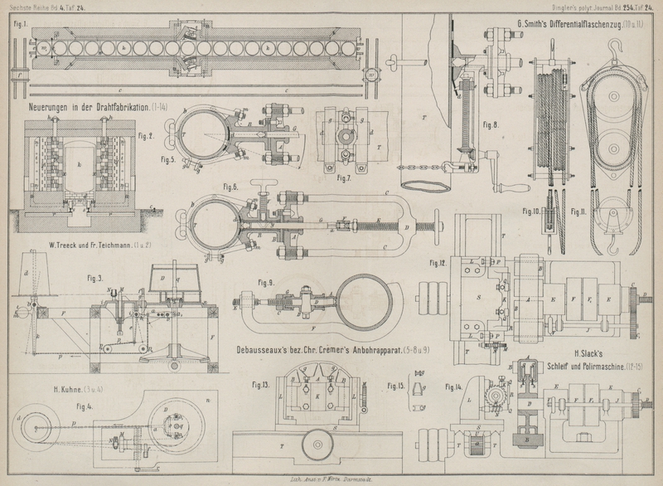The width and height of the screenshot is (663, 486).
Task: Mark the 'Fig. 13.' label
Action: click(260, 385)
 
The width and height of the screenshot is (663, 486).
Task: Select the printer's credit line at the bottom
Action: click(331, 480)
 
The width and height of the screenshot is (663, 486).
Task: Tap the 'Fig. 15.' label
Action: click(396, 386)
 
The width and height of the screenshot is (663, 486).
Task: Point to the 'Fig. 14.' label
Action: click(452, 386)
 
